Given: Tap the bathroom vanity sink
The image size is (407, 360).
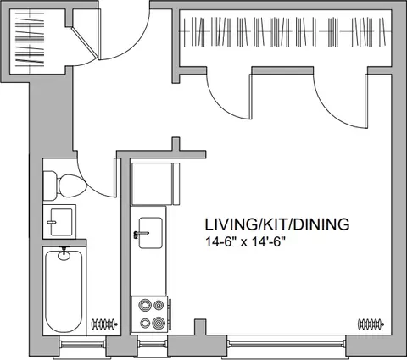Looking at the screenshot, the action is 61,222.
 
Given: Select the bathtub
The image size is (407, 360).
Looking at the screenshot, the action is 64,291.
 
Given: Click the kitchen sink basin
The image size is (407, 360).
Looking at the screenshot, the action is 151,233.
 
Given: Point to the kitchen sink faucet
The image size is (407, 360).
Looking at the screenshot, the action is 141,234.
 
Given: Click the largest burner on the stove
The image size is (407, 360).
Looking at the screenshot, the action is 159,323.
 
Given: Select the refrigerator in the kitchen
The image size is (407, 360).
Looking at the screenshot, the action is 155,184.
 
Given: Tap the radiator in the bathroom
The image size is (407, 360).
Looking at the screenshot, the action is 104,324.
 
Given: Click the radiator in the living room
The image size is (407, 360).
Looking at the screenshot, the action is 371,324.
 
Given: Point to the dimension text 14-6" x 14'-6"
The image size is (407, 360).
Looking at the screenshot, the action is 244,242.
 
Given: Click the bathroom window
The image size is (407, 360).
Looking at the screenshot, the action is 82,345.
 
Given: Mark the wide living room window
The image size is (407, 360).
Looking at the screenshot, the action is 287,344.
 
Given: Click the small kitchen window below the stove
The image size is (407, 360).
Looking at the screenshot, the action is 153,344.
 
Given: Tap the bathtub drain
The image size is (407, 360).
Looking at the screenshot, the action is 64,256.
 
